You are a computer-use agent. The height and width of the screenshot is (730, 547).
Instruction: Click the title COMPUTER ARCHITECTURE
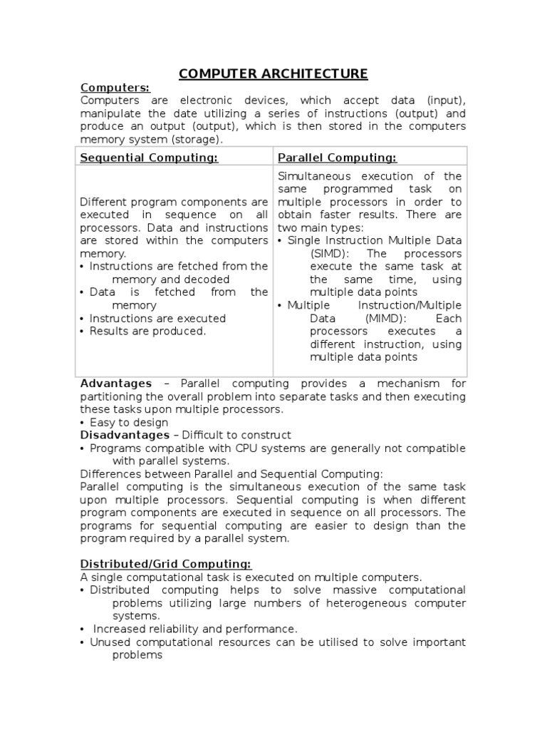pos(273,73)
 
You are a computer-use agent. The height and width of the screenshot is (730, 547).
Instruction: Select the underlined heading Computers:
pos(115,88)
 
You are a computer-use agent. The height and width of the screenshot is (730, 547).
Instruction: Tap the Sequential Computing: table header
pos(149,158)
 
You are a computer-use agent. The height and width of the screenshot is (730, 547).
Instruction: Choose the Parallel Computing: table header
pos(337,158)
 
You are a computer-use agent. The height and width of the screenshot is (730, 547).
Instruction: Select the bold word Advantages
pos(116,384)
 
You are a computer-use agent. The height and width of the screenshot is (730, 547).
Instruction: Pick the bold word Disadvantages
pos(125,435)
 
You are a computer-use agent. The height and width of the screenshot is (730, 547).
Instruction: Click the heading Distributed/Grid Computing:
pos(165,564)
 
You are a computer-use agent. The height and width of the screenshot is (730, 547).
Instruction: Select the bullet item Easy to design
pos(128,422)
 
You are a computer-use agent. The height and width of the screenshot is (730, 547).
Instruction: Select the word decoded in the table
pos(205,279)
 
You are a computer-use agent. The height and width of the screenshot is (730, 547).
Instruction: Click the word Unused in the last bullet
pos(108,642)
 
